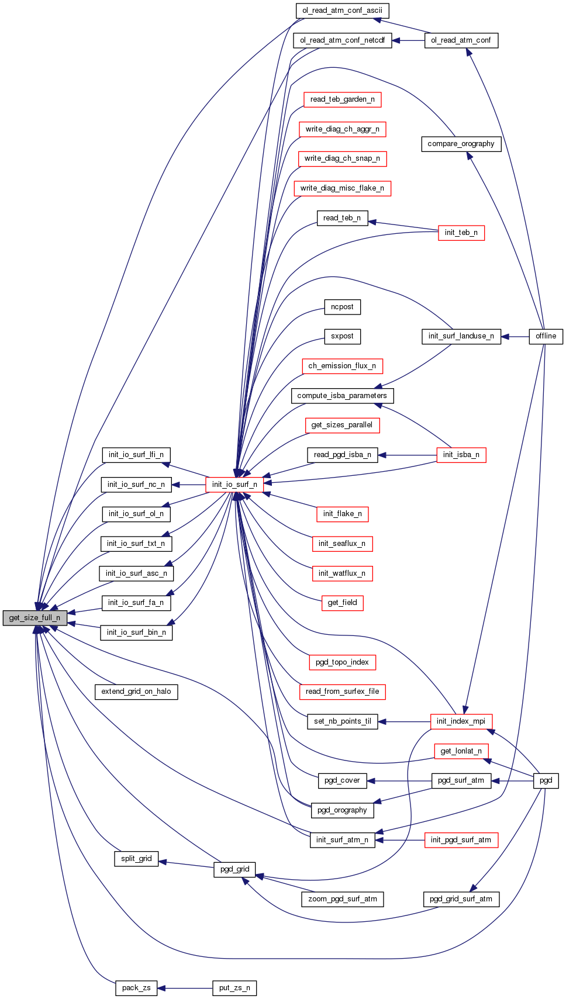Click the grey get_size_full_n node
(x=34, y=617)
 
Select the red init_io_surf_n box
(x=234, y=484)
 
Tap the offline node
(x=546, y=336)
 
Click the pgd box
(x=546, y=780)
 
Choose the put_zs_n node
(x=234, y=988)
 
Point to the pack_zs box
(x=136, y=988)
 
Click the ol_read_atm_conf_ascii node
(x=342, y=11)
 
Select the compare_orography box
(x=461, y=144)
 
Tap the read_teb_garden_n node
(x=342, y=99)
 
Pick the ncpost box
(x=342, y=307)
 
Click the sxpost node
(x=342, y=336)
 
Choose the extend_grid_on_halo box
(x=136, y=692)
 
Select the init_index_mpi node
(x=461, y=721)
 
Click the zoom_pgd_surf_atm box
(x=342, y=899)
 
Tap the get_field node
(x=342, y=603)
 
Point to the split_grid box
(x=136, y=859)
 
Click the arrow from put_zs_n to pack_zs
(x=185, y=988)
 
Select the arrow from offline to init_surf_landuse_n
(x=515, y=336)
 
